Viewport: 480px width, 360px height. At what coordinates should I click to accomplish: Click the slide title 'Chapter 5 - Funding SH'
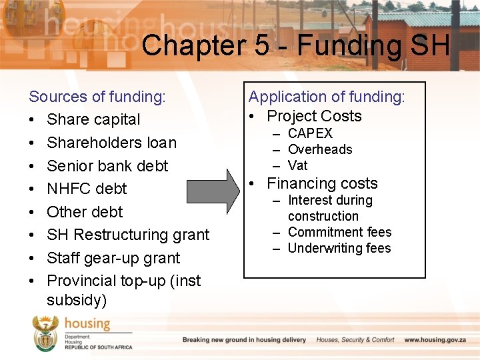click(x=295, y=45)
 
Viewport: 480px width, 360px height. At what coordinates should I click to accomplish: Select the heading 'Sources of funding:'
click(x=97, y=97)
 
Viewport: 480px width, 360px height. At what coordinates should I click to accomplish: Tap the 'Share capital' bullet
click(x=93, y=120)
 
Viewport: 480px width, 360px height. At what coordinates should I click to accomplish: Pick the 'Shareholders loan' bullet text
click(x=111, y=143)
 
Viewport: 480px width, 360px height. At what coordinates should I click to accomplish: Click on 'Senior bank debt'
click(x=107, y=166)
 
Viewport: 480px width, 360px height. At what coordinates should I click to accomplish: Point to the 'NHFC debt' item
click(x=87, y=189)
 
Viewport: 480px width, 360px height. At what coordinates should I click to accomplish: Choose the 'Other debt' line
click(x=85, y=212)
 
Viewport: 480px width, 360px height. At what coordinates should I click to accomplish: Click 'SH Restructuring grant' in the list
click(x=128, y=235)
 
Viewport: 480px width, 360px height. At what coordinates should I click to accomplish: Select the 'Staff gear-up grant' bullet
click(x=113, y=258)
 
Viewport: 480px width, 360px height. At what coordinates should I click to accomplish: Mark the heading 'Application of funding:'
click(x=327, y=97)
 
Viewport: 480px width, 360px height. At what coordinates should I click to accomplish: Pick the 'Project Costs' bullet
click(x=314, y=116)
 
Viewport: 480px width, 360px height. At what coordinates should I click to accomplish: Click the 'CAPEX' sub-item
click(x=310, y=133)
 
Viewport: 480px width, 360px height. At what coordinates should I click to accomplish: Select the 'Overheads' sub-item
click(x=320, y=149)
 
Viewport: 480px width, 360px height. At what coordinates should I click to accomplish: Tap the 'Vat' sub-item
click(x=297, y=165)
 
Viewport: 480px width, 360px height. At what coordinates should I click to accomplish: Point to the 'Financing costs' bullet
click(x=322, y=183)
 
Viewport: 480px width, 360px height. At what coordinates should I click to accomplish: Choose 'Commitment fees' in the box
click(x=339, y=232)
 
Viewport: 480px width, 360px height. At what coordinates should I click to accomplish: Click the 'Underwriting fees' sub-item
click(x=339, y=248)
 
